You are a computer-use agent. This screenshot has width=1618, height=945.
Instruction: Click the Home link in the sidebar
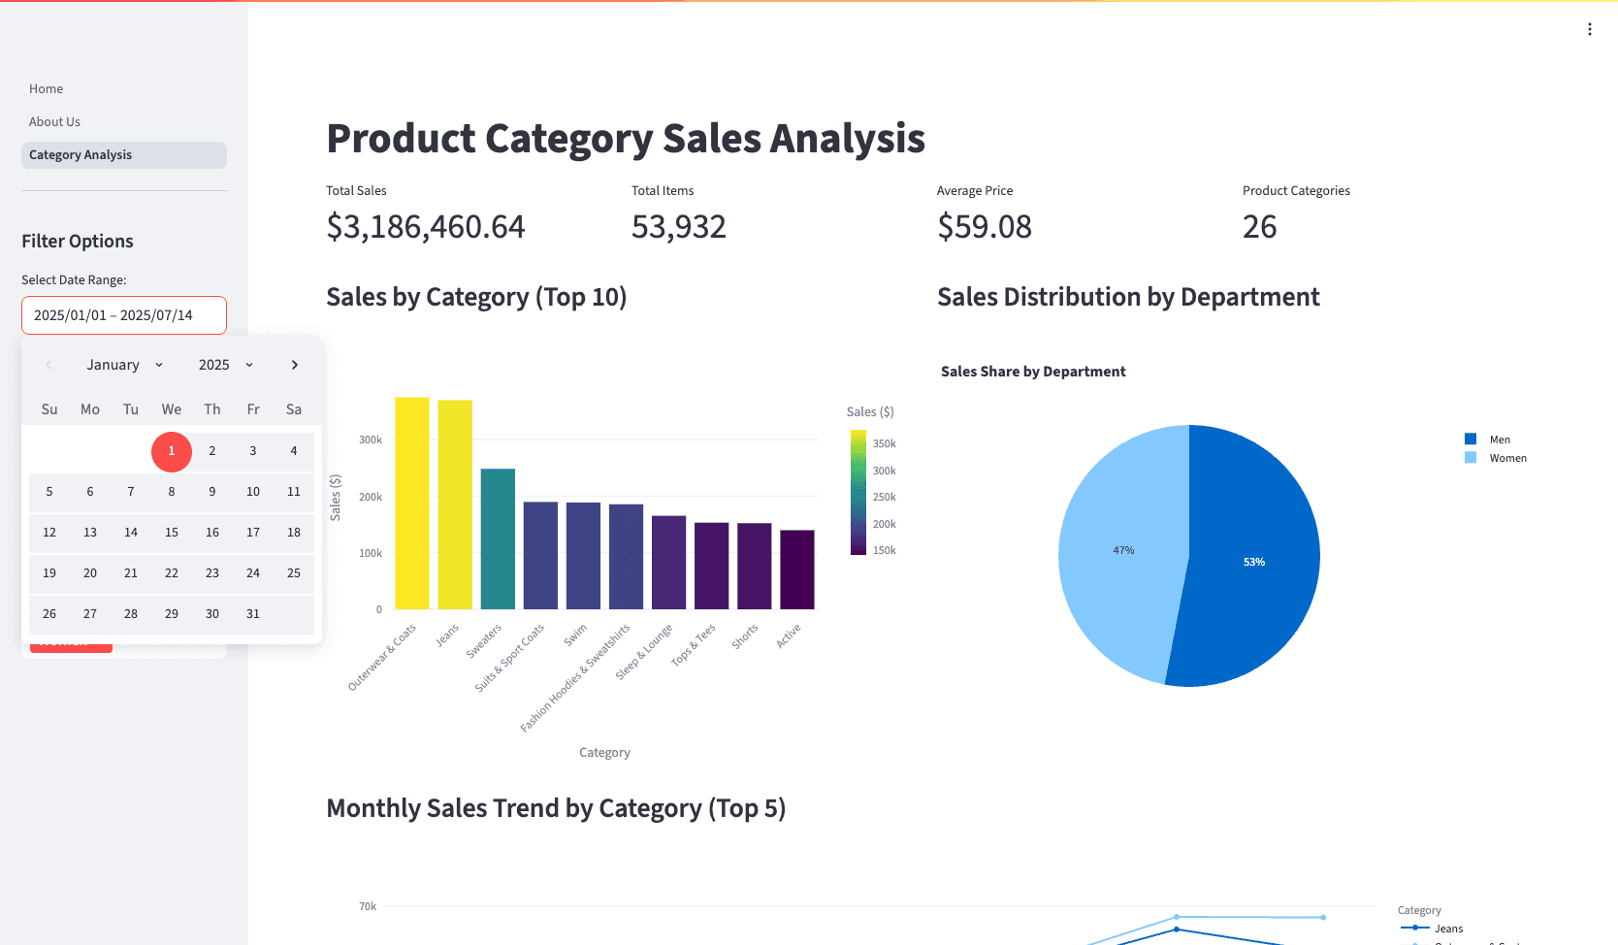[x=46, y=89]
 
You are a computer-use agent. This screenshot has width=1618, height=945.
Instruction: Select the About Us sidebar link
[x=54, y=122]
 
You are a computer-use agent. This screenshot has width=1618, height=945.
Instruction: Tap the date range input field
[x=123, y=315]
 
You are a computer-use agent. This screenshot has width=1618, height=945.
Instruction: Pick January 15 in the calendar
[x=172, y=533]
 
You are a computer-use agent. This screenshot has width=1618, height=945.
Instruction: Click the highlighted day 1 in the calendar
[x=172, y=451]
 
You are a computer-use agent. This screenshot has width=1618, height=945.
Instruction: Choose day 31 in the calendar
[x=253, y=614]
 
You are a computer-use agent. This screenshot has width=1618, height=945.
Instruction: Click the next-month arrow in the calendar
[x=295, y=365]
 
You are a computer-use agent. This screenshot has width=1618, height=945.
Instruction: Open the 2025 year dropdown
[x=225, y=365]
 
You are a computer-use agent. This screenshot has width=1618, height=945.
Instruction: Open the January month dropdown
[x=124, y=365]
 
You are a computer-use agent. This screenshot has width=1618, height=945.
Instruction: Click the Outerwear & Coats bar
[x=412, y=505]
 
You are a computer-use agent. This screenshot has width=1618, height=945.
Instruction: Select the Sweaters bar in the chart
[x=498, y=539]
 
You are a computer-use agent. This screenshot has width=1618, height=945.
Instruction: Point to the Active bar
[x=797, y=570]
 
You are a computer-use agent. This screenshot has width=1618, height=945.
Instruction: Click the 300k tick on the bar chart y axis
[x=371, y=440]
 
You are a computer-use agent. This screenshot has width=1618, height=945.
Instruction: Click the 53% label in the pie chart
[x=1254, y=563]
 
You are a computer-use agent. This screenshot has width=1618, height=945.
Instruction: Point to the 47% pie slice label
[x=1123, y=551]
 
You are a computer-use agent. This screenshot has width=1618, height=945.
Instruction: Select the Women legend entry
[x=1507, y=459]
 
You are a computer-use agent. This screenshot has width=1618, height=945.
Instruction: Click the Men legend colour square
[x=1471, y=440]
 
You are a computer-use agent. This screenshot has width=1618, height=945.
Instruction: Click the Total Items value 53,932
[x=679, y=227]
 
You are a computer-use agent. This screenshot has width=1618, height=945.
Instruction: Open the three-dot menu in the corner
[x=1590, y=29]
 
